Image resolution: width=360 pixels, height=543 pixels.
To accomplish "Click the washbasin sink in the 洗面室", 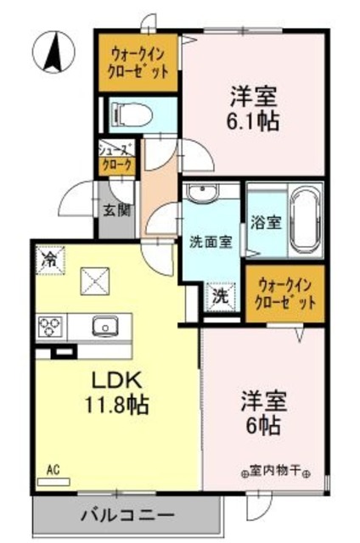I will [x=200, y=194].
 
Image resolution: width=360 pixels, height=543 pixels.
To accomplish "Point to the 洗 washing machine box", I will [x=219, y=297].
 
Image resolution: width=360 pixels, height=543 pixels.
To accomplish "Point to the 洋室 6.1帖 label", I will [x=252, y=106].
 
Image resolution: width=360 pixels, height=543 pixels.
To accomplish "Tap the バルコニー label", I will [x=128, y=514].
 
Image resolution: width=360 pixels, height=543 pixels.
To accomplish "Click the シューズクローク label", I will [x=115, y=157].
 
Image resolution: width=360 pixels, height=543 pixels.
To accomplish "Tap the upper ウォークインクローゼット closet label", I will [x=138, y=61].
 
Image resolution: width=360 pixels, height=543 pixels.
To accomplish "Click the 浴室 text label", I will [x=265, y=223].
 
